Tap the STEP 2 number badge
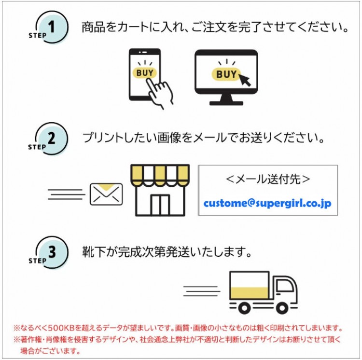tap(51, 139)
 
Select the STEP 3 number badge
tap(51, 252)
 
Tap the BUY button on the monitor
tap(226, 74)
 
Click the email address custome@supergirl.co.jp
tap(267, 204)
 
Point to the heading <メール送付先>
tap(267, 179)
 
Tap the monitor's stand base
tap(226, 103)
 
